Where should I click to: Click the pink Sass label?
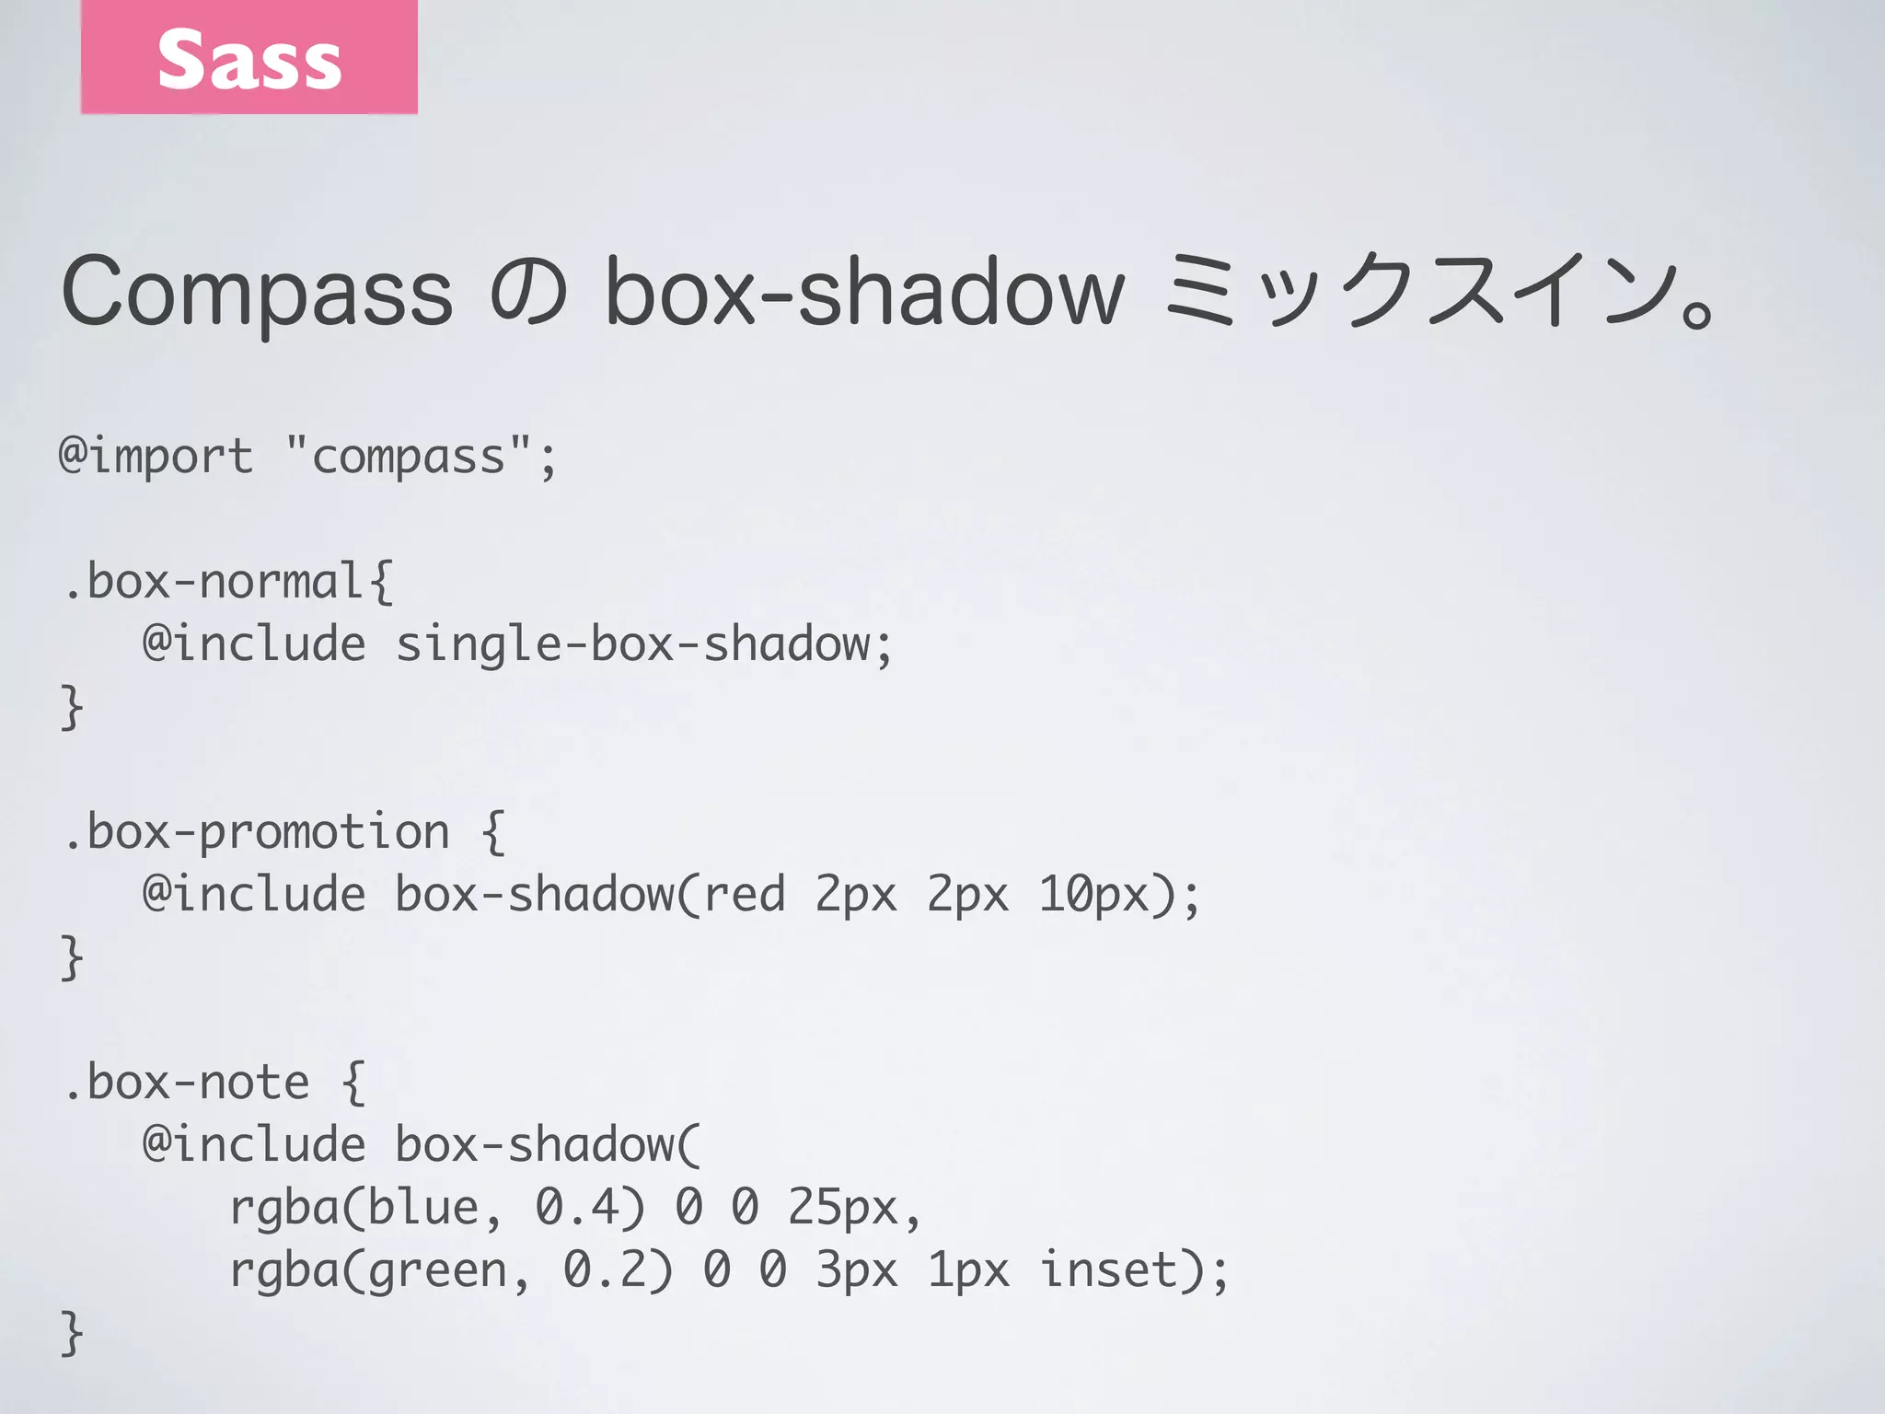click(x=249, y=57)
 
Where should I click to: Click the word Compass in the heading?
click(x=257, y=293)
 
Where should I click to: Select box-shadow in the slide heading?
click(x=864, y=293)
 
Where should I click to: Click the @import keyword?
click(x=156, y=457)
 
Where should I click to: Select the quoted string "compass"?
click(x=409, y=457)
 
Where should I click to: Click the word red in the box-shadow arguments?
click(x=744, y=895)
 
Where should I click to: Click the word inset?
click(x=1108, y=1270)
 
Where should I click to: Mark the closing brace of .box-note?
click(x=72, y=1333)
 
